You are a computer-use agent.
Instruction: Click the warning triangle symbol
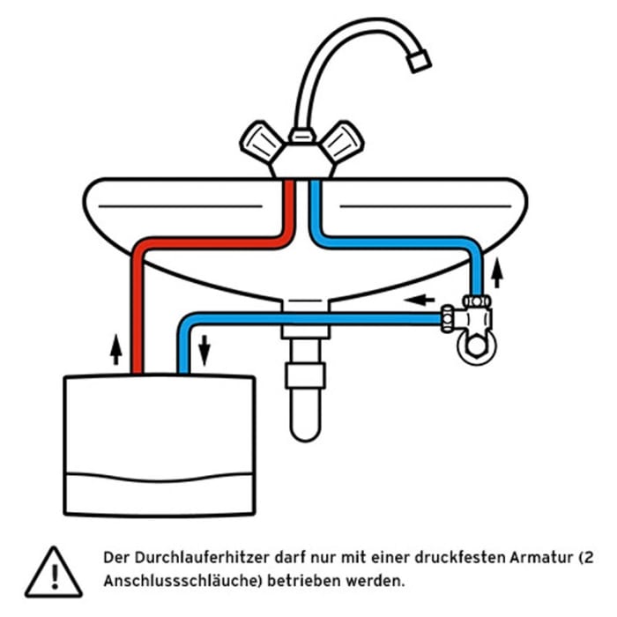tap(53, 569)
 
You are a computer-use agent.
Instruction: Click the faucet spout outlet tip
tap(420, 59)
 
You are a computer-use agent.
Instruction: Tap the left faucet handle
tap(261, 140)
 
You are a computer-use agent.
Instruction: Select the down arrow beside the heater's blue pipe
tap(204, 350)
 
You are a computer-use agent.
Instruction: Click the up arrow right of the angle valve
tap(497, 272)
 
